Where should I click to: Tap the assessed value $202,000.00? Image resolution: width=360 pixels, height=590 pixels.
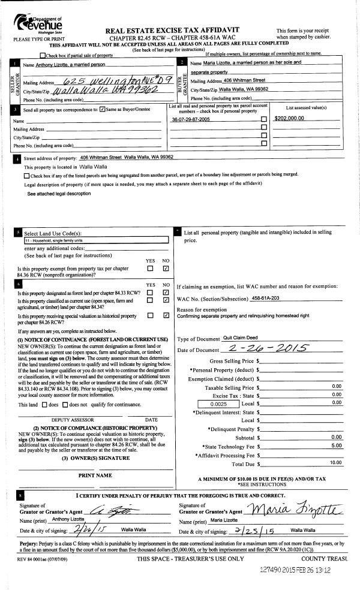(289, 118)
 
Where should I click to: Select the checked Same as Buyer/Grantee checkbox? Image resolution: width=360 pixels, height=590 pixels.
(103, 109)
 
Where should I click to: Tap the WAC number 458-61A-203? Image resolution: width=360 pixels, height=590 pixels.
(268, 297)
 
